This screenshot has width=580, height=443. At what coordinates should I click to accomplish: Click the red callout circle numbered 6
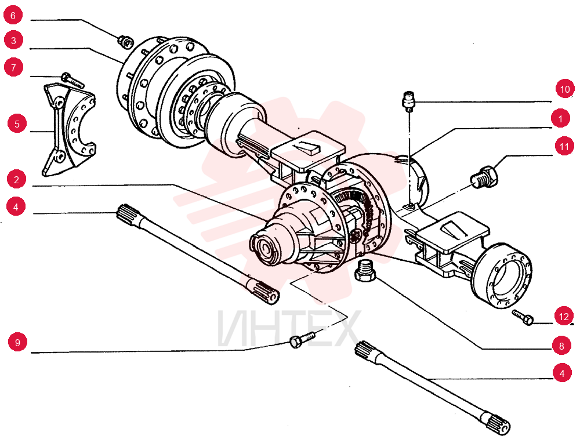click(x=13, y=16)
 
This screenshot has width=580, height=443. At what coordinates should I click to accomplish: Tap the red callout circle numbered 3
click(x=14, y=40)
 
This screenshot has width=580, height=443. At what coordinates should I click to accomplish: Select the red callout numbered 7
click(x=14, y=68)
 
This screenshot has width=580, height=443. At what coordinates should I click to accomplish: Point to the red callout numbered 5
click(x=17, y=124)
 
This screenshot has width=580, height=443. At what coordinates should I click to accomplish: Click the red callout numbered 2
click(x=16, y=180)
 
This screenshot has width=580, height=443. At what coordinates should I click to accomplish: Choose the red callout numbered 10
click(x=565, y=89)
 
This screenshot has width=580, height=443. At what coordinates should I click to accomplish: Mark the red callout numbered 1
click(x=560, y=118)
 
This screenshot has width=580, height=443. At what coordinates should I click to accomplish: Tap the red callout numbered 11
click(x=564, y=147)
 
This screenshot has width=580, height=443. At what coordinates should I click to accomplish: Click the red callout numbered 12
click(x=564, y=317)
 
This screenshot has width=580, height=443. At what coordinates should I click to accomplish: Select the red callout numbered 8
click(x=561, y=346)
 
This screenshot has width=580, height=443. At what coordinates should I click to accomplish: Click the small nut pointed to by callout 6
click(x=126, y=41)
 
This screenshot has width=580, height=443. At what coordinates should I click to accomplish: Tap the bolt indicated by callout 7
click(x=72, y=80)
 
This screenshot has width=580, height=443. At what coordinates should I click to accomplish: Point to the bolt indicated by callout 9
click(x=302, y=339)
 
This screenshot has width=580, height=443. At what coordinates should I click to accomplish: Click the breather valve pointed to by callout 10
click(x=408, y=101)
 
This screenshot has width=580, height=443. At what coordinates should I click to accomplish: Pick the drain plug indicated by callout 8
click(x=365, y=270)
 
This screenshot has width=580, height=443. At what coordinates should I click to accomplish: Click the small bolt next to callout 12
click(x=523, y=318)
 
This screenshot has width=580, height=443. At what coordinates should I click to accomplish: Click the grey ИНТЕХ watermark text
click(x=288, y=328)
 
